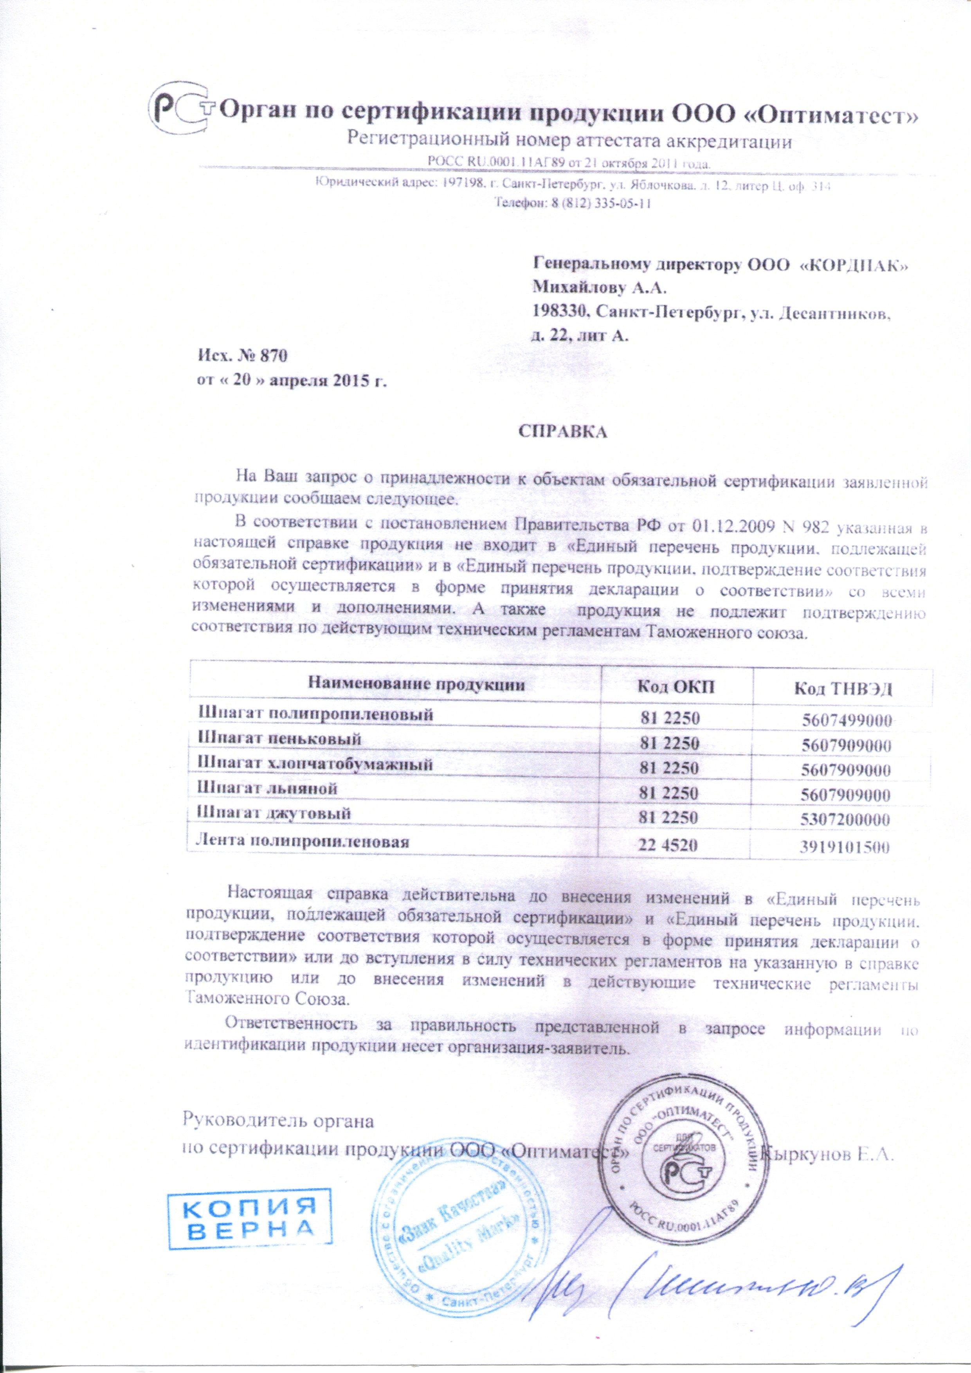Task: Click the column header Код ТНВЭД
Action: click(x=843, y=689)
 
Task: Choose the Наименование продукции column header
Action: click(x=416, y=684)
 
